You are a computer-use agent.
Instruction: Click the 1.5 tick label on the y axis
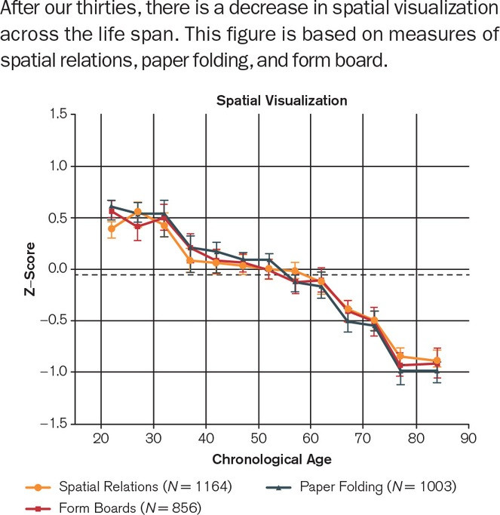click(x=58, y=114)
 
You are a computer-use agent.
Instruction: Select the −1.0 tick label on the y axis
click(x=55, y=372)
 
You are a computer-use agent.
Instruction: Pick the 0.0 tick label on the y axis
click(x=58, y=269)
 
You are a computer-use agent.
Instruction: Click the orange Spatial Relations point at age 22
click(x=112, y=228)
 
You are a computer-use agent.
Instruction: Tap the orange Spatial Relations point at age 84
click(x=437, y=360)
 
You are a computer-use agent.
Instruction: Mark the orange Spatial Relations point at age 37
click(x=190, y=261)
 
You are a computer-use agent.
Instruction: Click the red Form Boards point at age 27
click(x=138, y=226)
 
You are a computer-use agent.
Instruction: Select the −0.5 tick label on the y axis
click(x=55, y=320)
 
